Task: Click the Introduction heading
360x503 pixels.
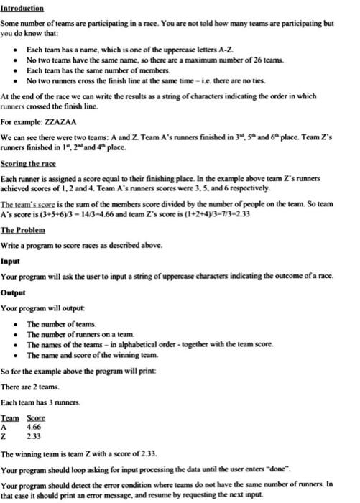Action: click(22, 9)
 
